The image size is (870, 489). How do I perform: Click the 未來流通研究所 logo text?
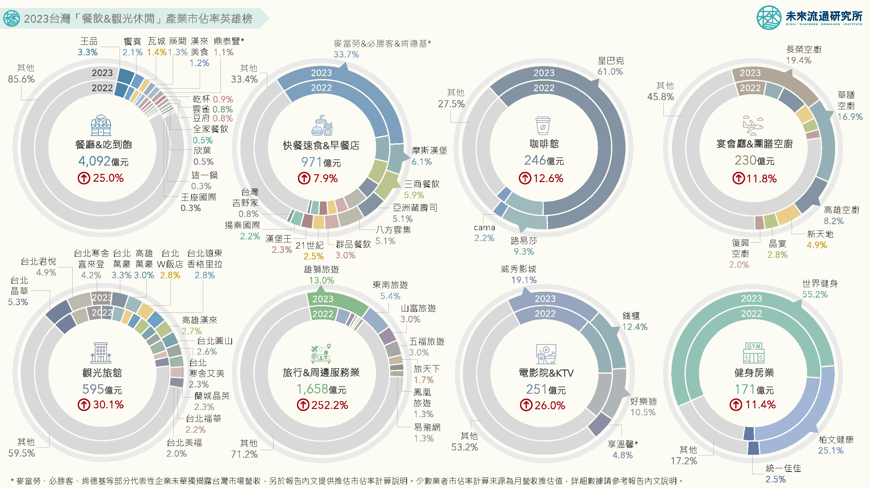click(824, 16)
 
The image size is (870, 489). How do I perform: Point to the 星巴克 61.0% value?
click(610, 71)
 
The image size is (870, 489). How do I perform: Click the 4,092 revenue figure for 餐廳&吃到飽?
click(95, 161)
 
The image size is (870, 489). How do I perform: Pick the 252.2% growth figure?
click(330, 405)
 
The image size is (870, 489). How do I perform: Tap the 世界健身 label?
click(820, 284)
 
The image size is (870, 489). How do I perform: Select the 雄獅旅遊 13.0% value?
click(322, 280)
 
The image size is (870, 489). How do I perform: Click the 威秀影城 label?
click(518, 269)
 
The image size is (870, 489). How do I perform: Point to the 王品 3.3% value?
click(87, 52)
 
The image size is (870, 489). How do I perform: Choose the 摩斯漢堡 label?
click(429, 150)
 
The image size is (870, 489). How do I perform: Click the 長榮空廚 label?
click(804, 50)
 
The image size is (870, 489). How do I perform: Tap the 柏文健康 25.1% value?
click(830, 450)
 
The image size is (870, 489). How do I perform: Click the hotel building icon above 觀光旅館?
click(101, 353)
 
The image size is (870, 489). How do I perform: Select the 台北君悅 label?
click(38, 261)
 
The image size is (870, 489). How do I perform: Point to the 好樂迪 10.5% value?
click(643, 412)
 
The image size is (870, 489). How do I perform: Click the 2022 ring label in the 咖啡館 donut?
click(544, 88)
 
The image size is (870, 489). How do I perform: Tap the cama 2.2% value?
click(484, 238)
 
